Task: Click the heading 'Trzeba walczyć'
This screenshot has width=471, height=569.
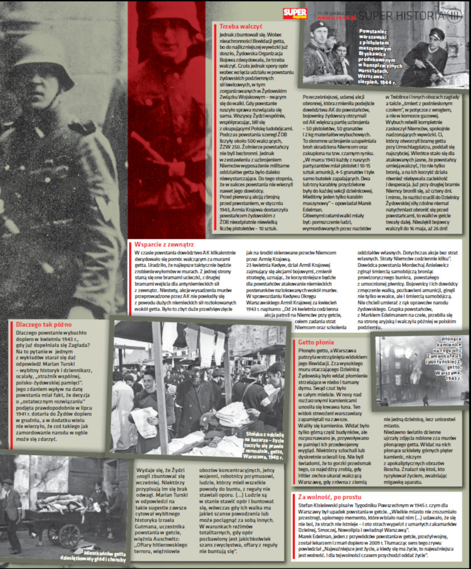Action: pos(241,26)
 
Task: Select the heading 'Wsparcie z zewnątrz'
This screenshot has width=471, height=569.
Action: pos(164,244)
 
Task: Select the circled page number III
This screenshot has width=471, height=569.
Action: pos(455,15)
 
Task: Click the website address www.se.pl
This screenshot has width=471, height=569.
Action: pos(337,18)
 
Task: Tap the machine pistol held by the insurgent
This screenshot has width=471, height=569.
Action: pos(432,68)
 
